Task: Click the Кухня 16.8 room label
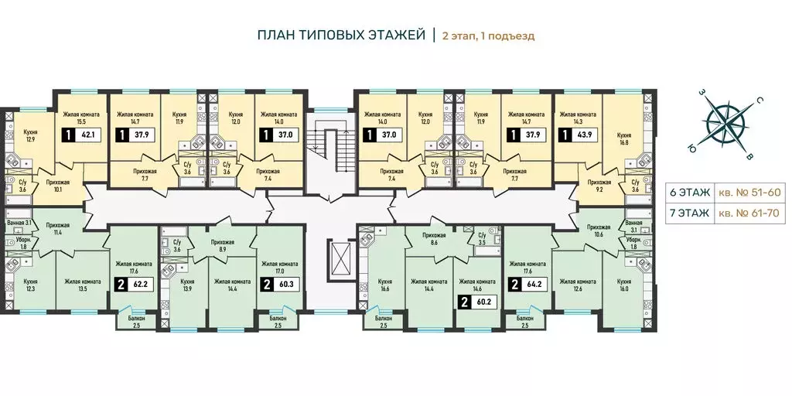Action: [625, 138]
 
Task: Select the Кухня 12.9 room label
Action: [32, 135]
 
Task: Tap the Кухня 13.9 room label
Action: [187, 285]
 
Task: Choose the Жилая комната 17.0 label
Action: [279, 267]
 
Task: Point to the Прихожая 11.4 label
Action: [57, 229]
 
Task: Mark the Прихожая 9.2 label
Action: [599, 186]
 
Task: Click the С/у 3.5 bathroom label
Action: [483, 238]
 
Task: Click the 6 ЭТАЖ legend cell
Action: [690, 193]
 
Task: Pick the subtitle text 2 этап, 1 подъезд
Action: [489, 36]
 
